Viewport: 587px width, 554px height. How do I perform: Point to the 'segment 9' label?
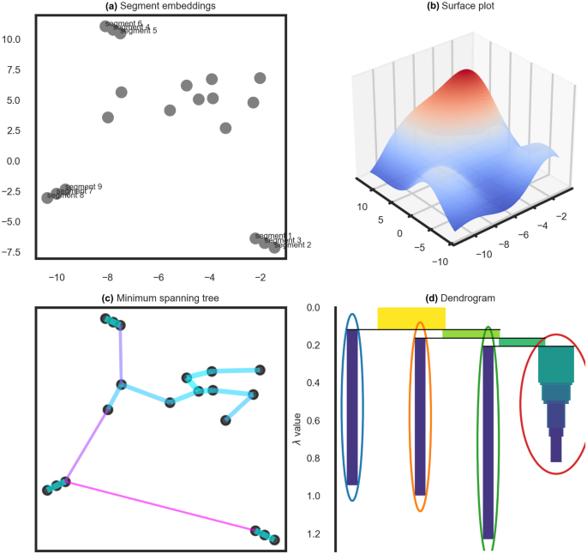(84, 186)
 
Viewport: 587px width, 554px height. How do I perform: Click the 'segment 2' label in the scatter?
(292, 245)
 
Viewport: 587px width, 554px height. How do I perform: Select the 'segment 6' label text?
(123, 23)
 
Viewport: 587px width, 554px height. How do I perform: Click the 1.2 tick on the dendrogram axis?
(313, 534)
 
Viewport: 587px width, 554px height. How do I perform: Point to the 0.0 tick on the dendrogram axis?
(313, 308)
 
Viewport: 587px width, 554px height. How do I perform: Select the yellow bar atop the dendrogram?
(411, 318)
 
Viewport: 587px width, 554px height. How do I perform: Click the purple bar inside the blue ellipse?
(351, 407)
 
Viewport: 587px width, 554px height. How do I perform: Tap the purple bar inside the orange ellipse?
(420, 416)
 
